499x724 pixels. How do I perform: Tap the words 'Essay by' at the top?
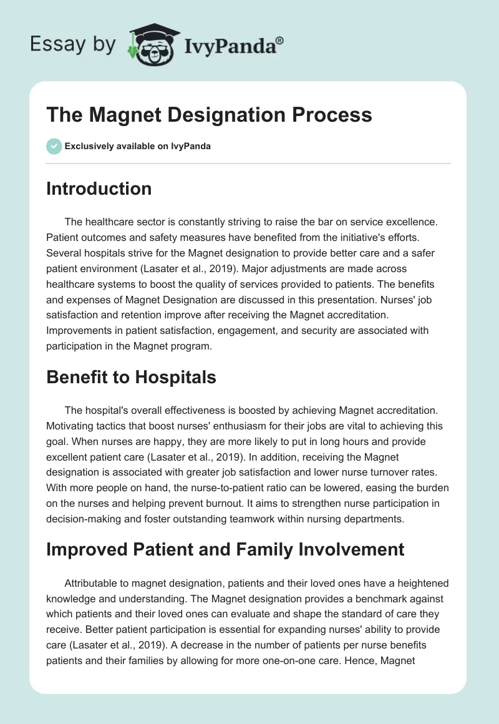click(73, 44)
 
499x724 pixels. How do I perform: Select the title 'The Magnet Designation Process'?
click(209, 115)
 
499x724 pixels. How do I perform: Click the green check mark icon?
click(54, 146)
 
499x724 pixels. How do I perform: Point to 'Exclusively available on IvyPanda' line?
click(138, 147)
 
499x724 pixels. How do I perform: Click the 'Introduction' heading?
click(99, 188)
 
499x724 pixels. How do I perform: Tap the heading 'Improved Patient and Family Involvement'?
click(225, 549)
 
